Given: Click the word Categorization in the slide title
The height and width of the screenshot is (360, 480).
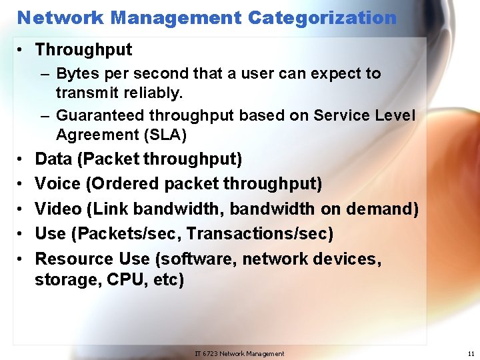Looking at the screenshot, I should pos(322,17).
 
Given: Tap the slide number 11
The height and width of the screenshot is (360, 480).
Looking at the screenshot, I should pos(471,353).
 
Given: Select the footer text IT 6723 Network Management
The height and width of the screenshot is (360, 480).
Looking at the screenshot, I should pos(239,353).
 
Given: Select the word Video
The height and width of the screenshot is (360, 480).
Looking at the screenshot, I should pos(58,209).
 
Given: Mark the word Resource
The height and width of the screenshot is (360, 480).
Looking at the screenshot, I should pos(74,259).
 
